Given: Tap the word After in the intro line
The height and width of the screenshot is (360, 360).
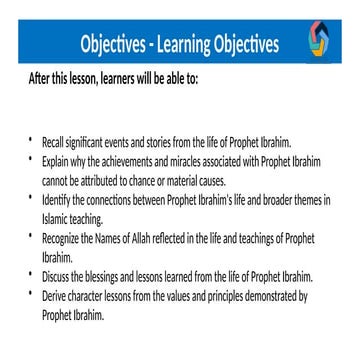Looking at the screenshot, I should [x=42, y=79].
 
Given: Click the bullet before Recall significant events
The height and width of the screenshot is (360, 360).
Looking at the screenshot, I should [x=31, y=141].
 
